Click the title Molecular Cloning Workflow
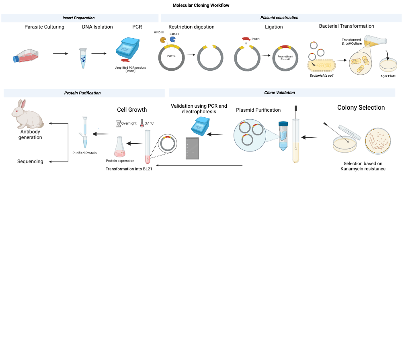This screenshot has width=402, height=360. pos(201,5)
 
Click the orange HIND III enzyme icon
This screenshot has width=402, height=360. pos(163,40)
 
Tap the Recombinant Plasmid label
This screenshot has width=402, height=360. pos(285,58)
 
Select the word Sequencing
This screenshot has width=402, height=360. pos(30,162)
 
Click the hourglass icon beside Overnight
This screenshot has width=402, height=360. pos(118,123)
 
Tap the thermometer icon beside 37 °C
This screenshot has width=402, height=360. pos(142,123)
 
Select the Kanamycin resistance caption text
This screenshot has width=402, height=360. pos(363,166)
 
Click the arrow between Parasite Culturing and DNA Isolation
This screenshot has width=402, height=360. pos(60,53)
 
